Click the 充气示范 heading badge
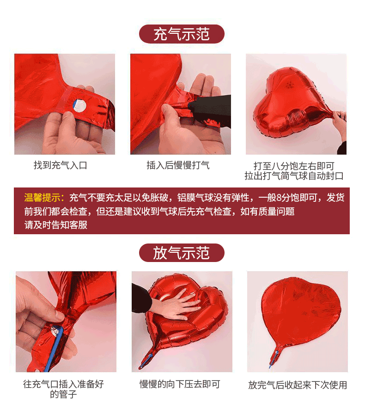point(182,34)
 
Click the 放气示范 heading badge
point(182,253)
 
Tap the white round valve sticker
point(79,106)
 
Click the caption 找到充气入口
point(61,165)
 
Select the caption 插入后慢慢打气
point(178,165)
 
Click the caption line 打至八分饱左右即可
point(294,166)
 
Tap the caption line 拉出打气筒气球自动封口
point(294,176)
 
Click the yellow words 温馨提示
point(42,197)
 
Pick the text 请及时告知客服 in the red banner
point(56,225)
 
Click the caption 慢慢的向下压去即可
point(180,384)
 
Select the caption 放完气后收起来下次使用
point(298,385)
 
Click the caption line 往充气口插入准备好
point(63,384)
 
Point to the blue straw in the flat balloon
point(273,359)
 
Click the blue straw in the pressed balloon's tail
point(147,361)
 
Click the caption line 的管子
point(63,394)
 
